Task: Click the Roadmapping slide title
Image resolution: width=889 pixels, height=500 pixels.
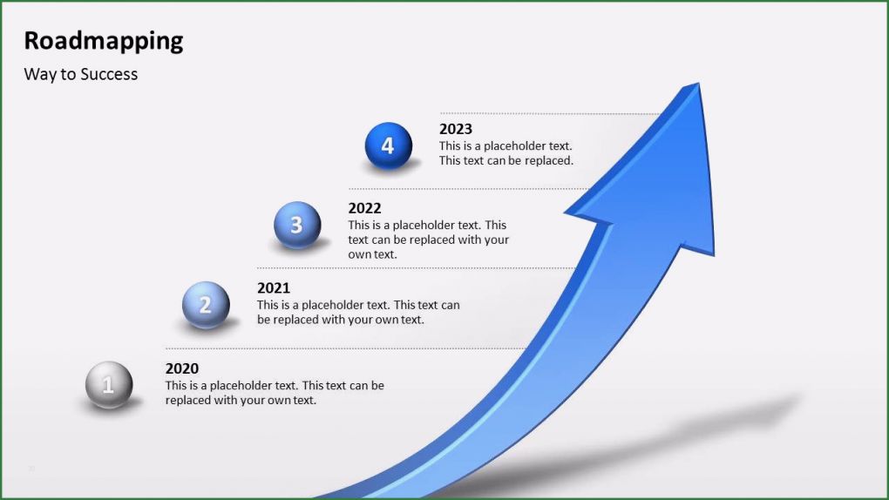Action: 103,41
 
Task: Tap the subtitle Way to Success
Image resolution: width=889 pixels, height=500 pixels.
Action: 80,74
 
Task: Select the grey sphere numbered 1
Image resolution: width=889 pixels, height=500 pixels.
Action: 109,384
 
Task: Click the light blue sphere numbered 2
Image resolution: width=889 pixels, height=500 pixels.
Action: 206,305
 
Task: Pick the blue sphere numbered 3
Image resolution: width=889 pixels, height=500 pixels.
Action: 297,225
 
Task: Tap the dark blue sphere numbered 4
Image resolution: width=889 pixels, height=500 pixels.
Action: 388,145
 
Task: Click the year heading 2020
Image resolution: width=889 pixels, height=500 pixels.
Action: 182,368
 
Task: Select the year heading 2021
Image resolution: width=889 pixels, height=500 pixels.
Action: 274,287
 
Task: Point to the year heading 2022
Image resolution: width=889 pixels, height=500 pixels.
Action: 364,208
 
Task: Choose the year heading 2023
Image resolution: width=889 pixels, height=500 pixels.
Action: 456,129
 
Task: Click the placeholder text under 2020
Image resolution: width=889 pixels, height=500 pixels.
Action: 275,393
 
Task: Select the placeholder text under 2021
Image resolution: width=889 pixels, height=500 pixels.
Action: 357,312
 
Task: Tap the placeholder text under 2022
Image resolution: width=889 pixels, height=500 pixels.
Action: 428,240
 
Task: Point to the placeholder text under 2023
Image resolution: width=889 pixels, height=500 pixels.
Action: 506,153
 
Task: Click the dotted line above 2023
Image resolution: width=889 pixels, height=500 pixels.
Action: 549,113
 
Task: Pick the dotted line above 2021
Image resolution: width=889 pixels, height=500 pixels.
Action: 410,267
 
